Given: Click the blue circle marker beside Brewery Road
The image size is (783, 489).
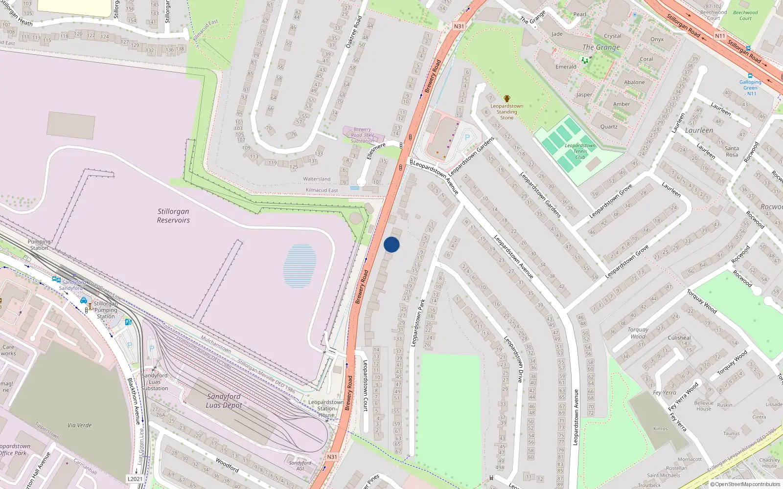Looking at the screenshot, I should pyautogui.click(x=391, y=244).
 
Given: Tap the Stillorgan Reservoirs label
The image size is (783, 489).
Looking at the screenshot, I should pyautogui.click(x=173, y=216).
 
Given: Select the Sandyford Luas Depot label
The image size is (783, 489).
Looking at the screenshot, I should pyautogui.click(x=224, y=400).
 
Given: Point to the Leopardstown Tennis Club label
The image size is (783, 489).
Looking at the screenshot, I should pyautogui.click(x=580, y=151).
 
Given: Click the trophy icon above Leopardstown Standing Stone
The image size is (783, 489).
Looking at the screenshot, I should pyautogui.click(x=507, y=99).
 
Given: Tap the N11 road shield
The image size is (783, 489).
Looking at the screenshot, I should pyautogui.click(x=720, y=36).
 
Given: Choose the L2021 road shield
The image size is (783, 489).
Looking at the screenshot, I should pyautogui.click(x=135, y=479).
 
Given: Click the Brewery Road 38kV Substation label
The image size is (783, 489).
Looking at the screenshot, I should pyautogui.click(x=362, y=135).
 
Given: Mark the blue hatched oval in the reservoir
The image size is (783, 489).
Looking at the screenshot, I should pyautogui.click(x=299, y=265).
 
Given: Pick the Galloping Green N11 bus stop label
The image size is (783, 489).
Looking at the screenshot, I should pyautogui.click(x=750, y=88).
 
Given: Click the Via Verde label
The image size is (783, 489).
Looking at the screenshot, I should pyautogui.click(x=80, y=425).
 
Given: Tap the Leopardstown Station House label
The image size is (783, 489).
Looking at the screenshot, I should pyautogui.click(x=326, y=408).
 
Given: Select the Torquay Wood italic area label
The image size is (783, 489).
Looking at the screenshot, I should pyautogui.click(x=638, y=333).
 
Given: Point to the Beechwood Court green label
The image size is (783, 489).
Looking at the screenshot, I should pyautogui.click(x=745, y=16).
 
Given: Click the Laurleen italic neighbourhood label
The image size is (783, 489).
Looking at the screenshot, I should pyautogui.click(x=699, y=130).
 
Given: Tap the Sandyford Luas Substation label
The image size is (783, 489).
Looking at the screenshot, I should pyautogui.click(x=155, y=382).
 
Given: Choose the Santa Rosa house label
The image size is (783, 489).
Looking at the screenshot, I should pyautogui.click(x=732, y=152).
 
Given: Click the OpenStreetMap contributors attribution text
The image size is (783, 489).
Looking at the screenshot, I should pyautogui.click(x=745, y=484).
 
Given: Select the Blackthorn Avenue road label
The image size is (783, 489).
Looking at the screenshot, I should pyautogui.click(x=134, y=400).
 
